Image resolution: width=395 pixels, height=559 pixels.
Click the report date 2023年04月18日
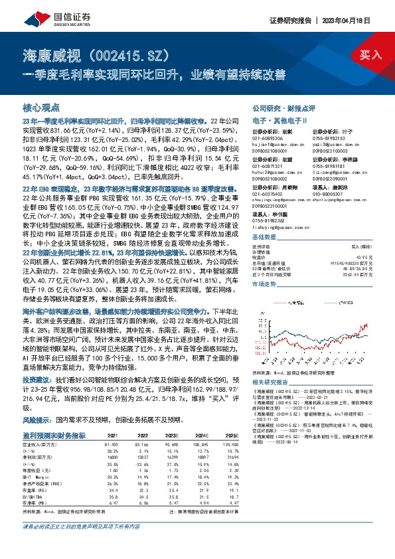click(x=359, y=20)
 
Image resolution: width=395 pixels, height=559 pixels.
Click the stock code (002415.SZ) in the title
click(x=129, y=54)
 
